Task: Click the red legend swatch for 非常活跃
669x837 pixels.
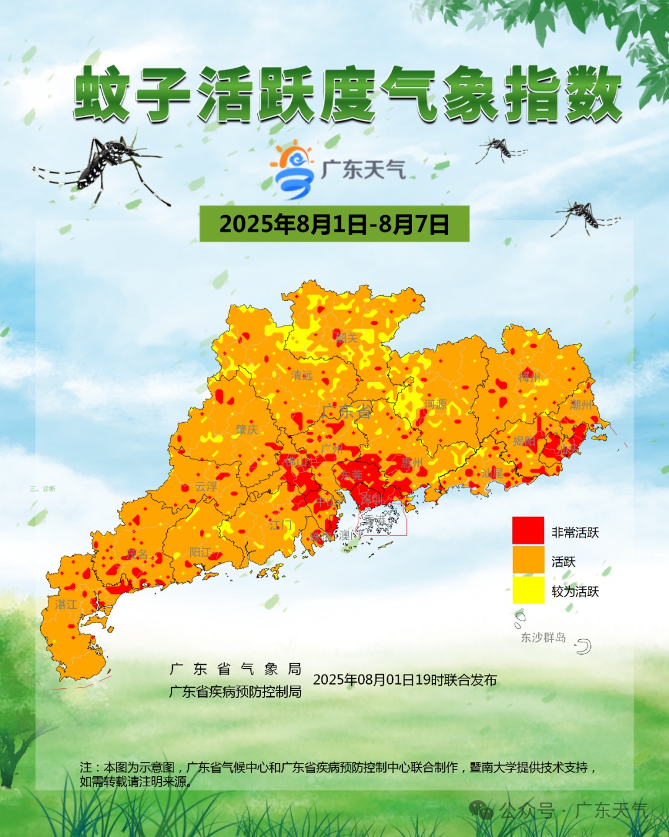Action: coord(528,531)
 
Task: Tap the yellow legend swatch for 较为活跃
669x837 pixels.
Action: coord(528,590)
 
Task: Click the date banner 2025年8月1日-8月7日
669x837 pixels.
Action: coord(334,224)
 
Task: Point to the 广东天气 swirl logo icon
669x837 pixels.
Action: coord(292,170)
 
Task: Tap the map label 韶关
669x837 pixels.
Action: coord(347,338)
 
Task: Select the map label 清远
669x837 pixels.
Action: coord(302,375)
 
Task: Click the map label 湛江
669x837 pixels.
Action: coord(66,604)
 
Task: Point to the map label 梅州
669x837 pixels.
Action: coord(529,378)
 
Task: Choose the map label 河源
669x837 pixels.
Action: coord(435,404)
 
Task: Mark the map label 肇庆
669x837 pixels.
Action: coord(247,430)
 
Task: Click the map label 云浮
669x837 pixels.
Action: coord(206,487)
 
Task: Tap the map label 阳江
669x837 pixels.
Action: coord(200,552)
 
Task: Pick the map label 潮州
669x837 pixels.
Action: coord(581,405)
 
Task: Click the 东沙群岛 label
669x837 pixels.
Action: coord(543,637)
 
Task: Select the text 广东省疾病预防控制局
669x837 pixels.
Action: coord(235,691)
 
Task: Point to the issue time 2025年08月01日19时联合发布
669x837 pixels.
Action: coord(404,680)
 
